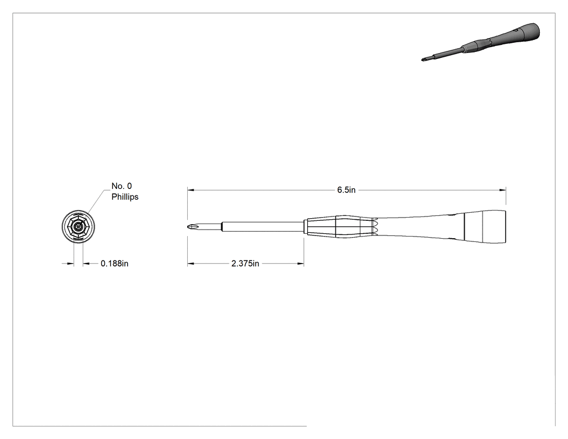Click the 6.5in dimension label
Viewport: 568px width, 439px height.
click(x=346, y=190)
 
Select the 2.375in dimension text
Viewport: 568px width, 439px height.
click(x=245, y=264)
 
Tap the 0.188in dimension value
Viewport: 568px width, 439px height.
click(x=115, y=264)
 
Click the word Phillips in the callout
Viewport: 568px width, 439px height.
click(x=125, y=197)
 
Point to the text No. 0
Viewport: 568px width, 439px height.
click(x=122, y=186)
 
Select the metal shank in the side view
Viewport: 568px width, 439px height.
click(x=262, y=227)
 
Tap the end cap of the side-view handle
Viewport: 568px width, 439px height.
click(x=485, y=226)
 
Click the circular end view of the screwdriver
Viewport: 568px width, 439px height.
click(x=78, y=227)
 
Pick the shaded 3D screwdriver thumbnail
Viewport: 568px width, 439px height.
click(x=481, y=42)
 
